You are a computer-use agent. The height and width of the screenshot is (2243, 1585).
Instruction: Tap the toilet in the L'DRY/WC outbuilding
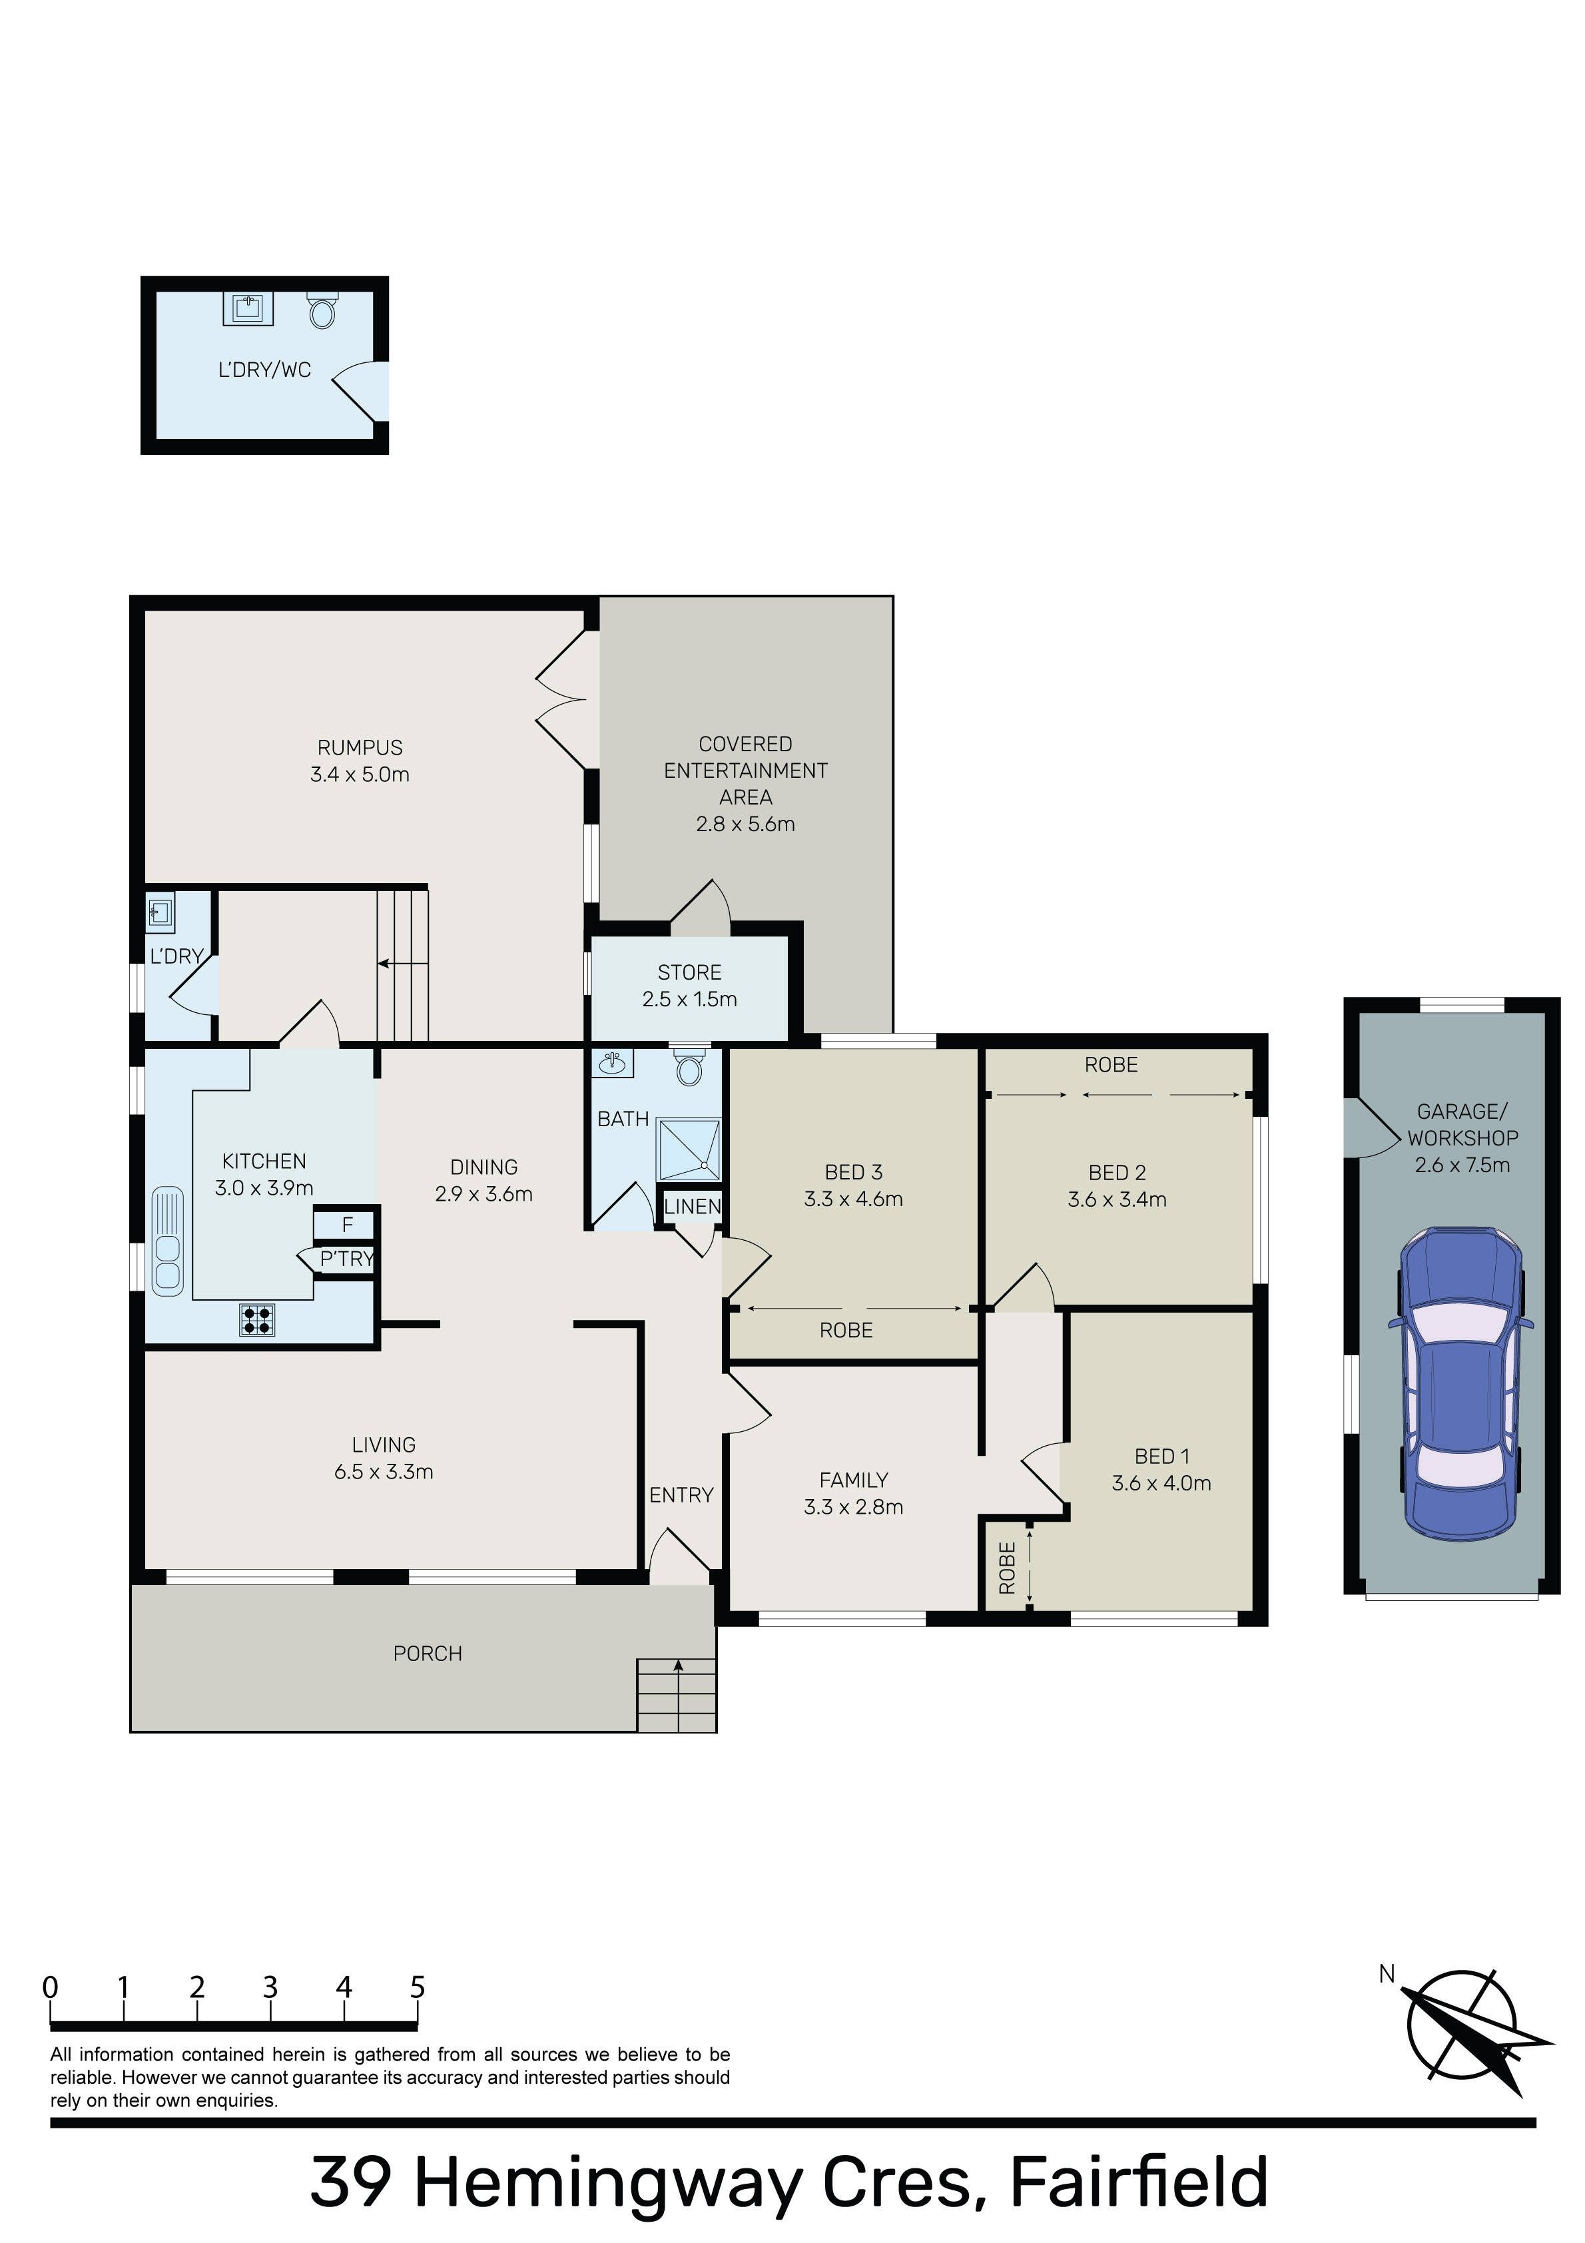[x=322, y=310]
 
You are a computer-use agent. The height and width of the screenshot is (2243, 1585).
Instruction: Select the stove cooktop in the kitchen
[x=258, y=1320]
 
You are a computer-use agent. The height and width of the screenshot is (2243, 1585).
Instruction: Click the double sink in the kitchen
[x=168, y=1241]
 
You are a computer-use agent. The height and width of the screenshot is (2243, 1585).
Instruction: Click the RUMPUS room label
[x=360, y=747]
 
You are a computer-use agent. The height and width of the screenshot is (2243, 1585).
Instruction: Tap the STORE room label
[x=690, y=972]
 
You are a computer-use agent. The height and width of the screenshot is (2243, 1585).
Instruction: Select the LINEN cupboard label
[x=692, y=1207]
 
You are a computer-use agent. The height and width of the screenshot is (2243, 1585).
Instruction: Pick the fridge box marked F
[x=346, y=1225]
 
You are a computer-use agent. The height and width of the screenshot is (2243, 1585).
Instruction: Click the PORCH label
[x=427, y=1653]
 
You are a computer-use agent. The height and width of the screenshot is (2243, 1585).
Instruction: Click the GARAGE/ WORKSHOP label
[x=1463, y=1124]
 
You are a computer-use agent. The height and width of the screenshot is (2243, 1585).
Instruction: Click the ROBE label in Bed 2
[x=1111, y=1065]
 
